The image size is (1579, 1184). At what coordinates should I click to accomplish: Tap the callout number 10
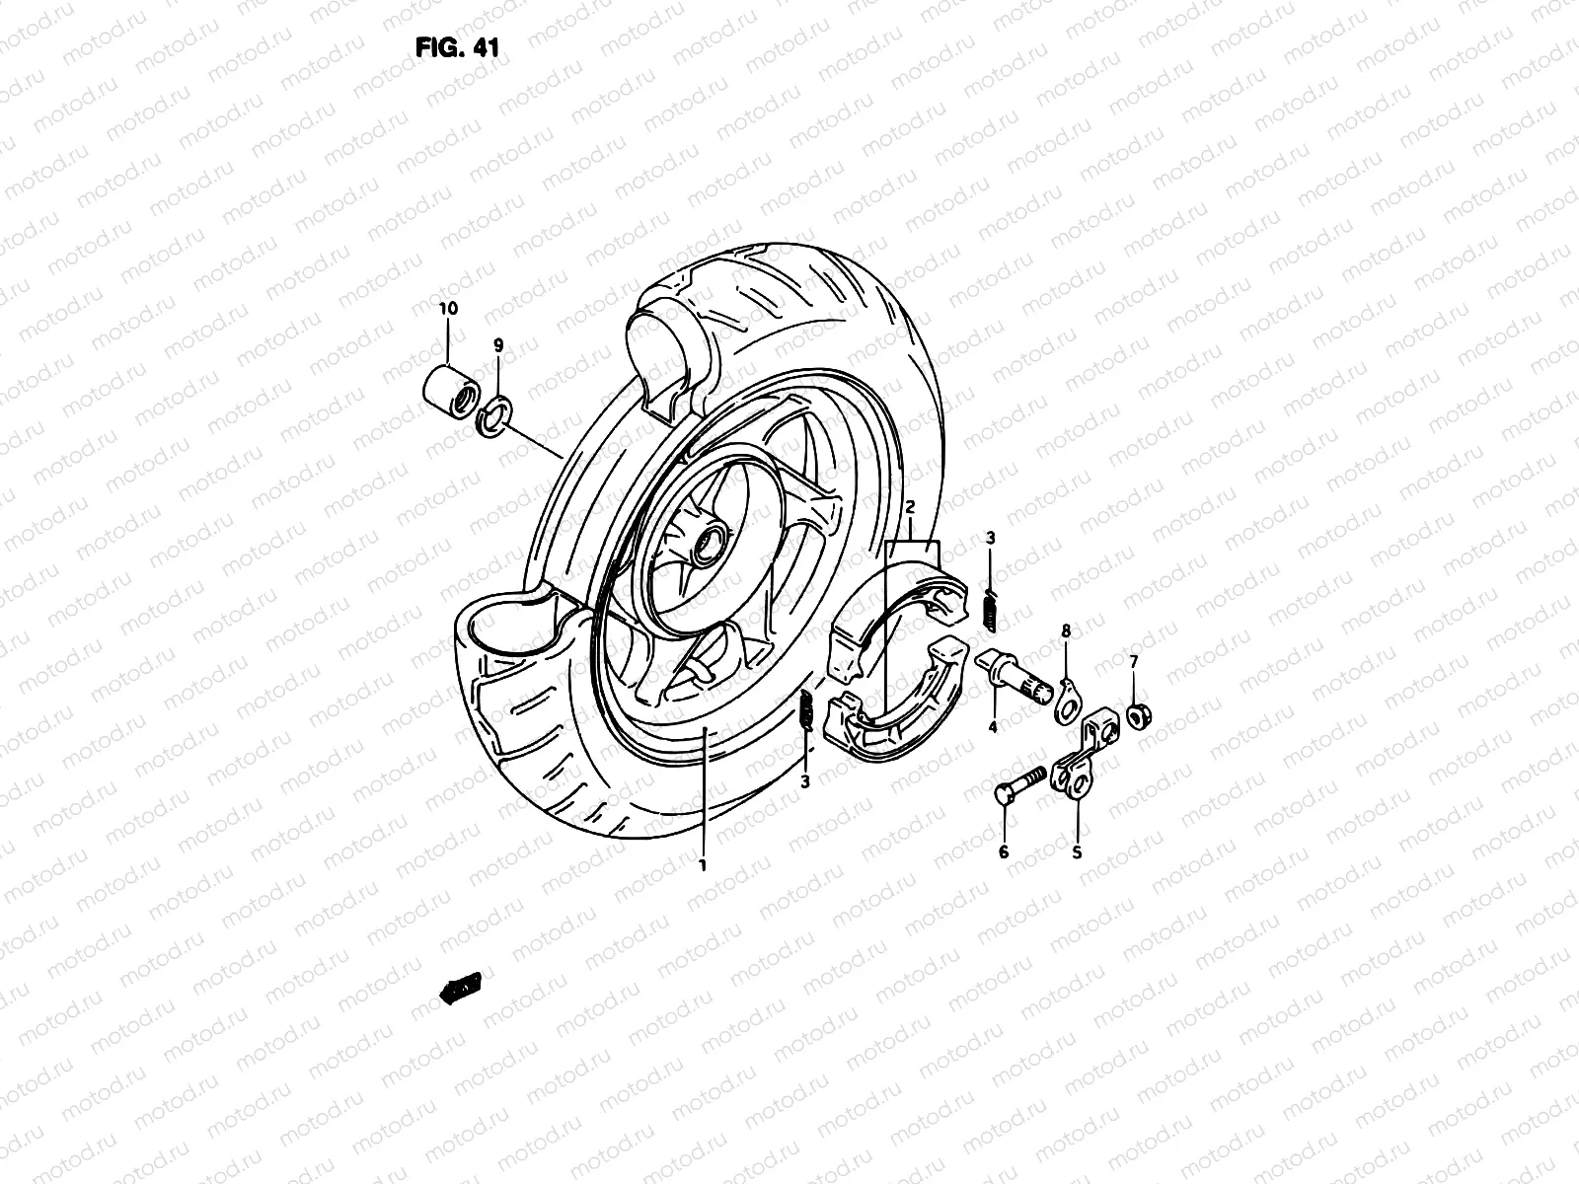(448, 308)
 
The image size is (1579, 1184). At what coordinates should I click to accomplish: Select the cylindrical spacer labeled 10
(449, 384)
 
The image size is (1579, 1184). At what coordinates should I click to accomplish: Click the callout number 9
(498, 345)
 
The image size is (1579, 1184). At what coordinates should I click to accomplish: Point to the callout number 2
(910, 507)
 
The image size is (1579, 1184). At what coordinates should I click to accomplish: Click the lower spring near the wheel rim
(805, 710)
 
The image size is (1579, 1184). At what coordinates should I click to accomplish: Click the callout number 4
(993, 727)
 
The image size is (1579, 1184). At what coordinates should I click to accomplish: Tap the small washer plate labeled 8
(1065, 701)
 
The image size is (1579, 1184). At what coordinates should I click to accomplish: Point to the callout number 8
(1066, 630)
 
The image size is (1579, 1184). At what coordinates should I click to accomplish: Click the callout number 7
(1133, 660)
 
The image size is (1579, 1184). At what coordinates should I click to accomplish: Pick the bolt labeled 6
(1020, 783)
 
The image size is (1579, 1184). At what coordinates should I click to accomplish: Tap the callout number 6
(1004, 851)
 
